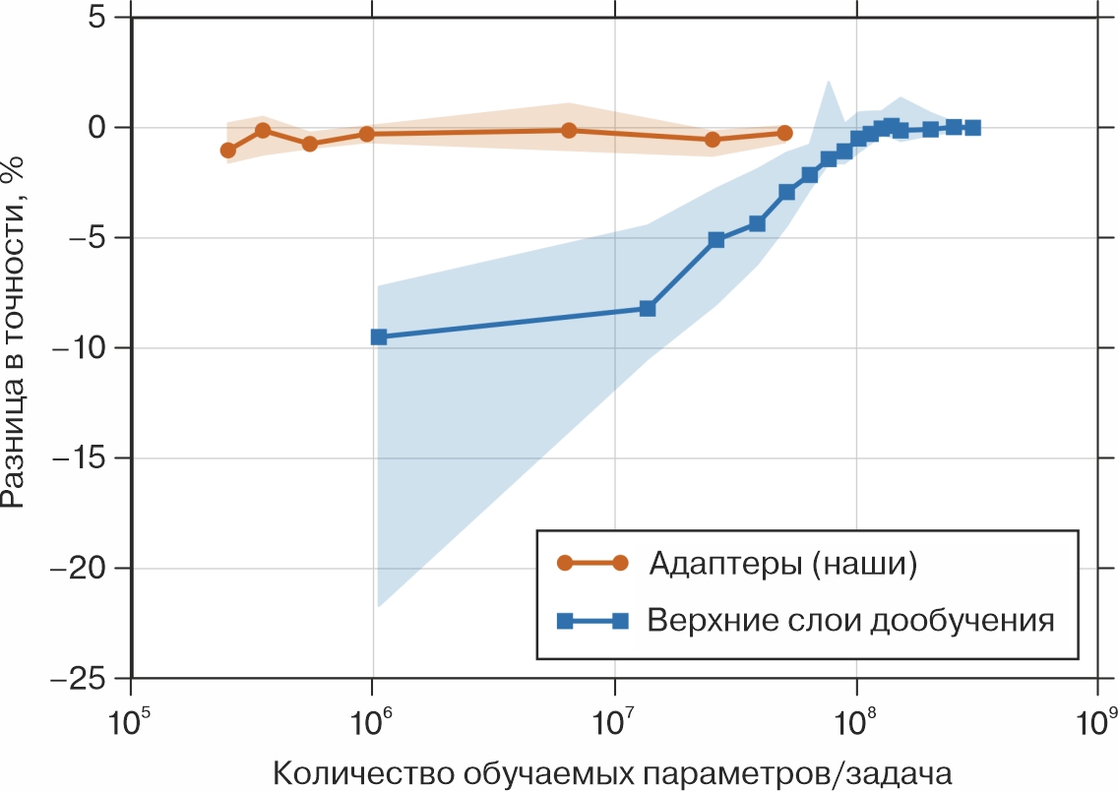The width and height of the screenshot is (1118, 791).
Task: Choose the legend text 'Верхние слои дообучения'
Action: pos(851,621)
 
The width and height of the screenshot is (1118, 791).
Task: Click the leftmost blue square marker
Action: pos(379,336)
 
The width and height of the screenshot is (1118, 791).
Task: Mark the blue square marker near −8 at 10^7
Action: pos(648,308)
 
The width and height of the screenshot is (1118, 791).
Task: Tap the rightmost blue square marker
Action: pos(972,127)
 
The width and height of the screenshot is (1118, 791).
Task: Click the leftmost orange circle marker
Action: pos(228,151)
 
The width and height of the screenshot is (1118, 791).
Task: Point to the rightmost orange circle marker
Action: pos(784,133)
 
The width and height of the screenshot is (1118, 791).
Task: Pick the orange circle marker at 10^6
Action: pos(366,134)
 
